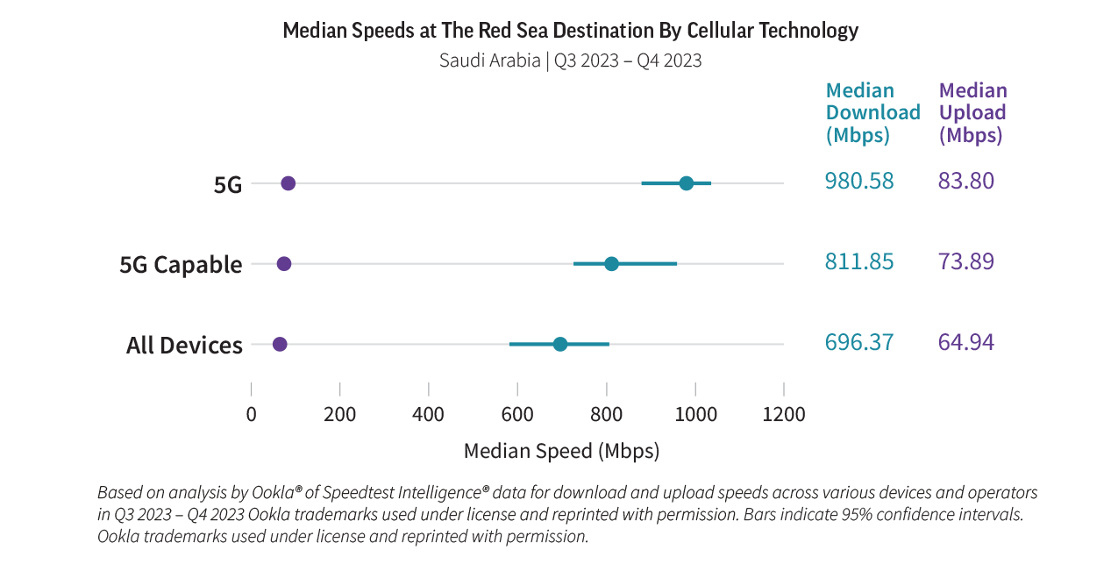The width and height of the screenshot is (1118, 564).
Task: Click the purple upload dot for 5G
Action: [x=288, y=183]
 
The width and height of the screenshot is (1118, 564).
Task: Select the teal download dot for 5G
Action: [x=687, y=183]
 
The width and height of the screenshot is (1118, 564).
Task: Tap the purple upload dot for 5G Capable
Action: [x=284, y=264]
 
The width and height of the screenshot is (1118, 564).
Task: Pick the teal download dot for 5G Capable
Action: [x=611, y=264]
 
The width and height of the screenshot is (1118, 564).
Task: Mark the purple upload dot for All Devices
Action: [x=280, y=344]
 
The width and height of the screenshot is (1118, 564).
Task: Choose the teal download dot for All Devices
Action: [x=560, y=344]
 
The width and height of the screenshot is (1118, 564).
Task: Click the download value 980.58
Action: [x=859, y=182]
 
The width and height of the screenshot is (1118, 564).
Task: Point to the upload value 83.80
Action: [x=966, y=182]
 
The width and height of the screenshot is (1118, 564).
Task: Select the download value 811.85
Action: [x=859, y=261]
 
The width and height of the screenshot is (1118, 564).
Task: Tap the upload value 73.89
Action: [x=966, y=261]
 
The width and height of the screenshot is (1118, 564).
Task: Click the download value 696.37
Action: [x=859, y=342]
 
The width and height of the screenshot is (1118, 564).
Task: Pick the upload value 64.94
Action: [x=966, y=342]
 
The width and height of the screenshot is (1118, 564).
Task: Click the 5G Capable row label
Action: [x=181, y=265]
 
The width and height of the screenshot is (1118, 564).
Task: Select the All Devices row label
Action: [x=184, y=346]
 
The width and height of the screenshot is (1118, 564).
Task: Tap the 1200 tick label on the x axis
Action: [x=783, y=414]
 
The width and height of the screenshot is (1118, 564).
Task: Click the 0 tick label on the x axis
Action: [x=252, y=414]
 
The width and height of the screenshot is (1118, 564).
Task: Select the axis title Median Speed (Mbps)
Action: [x=561, y=452]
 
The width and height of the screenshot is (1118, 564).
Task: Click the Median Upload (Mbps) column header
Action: [x=972, y=113]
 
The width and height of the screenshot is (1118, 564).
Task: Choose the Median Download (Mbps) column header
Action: [x=872, y=113]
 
